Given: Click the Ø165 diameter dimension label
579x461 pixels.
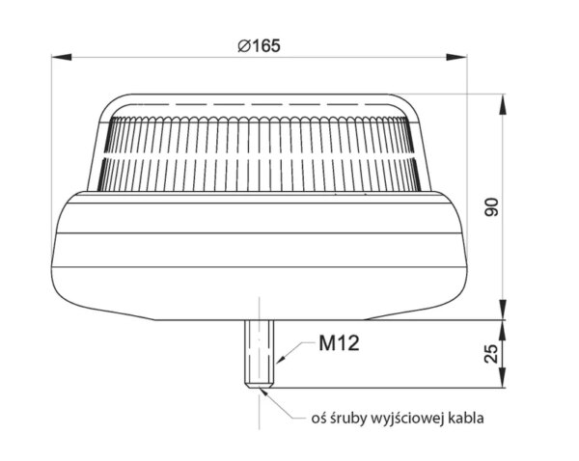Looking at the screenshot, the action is pos(259,45).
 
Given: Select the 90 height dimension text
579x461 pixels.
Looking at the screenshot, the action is pos(491,207).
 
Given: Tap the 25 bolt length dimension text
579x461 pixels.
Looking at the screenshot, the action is pos(491,354).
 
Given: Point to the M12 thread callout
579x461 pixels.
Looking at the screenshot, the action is pos(339,343).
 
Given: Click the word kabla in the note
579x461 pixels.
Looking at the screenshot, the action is pos(466,419).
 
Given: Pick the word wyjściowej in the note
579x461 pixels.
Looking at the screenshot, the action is pos(407,419).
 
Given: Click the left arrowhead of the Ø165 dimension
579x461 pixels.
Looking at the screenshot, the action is pos(62,57).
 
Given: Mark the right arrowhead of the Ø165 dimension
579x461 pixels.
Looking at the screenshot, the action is pos(456,57).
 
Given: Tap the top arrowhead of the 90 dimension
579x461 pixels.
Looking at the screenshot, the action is pos(502,104).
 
